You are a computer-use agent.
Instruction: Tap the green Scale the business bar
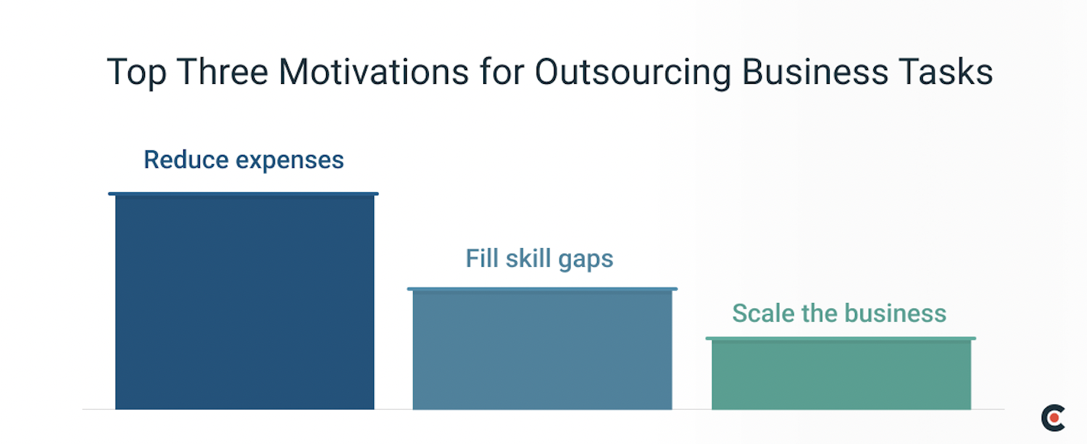pos(840,374)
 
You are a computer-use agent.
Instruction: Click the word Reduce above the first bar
pos(185,160)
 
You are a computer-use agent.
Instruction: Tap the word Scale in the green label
pos(758,313)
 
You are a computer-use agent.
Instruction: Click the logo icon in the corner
pos(1053,417)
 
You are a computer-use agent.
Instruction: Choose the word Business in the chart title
pos(808,72)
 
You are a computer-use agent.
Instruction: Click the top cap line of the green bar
pos(840,338)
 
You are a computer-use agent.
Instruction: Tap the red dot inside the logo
pos(1057,417)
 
